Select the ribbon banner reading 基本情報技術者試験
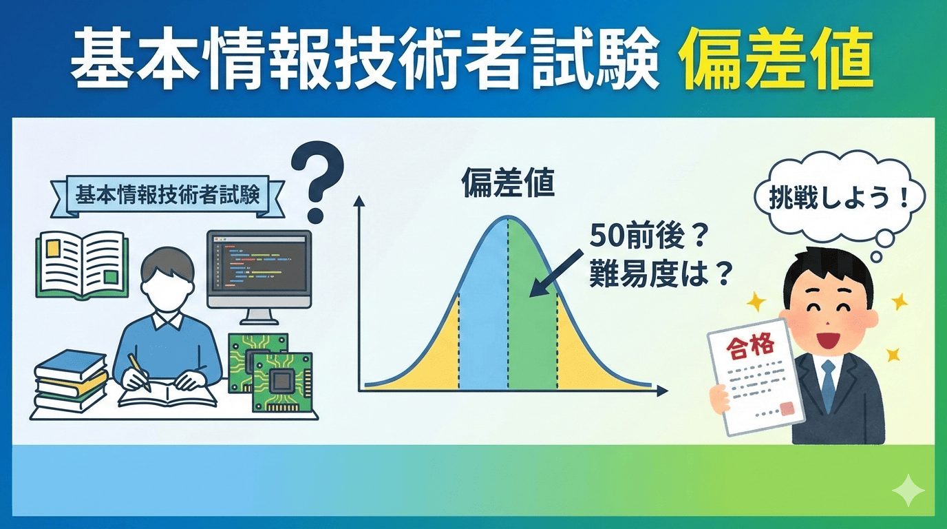pyautogui.click(x=167, y=195)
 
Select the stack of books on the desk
pyautogui.click(x=71, y=380)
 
